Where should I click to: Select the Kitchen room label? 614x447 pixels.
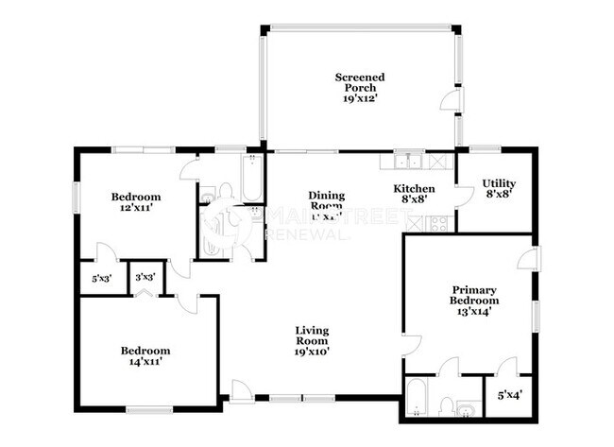415,188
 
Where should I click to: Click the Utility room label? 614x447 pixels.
498,183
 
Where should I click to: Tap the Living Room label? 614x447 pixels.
313,335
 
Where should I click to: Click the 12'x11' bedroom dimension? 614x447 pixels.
132,209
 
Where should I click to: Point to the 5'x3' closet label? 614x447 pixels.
102,279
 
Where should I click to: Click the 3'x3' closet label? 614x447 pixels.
145,279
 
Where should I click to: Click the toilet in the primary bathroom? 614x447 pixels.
447,406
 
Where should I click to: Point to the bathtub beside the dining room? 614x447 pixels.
252,180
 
